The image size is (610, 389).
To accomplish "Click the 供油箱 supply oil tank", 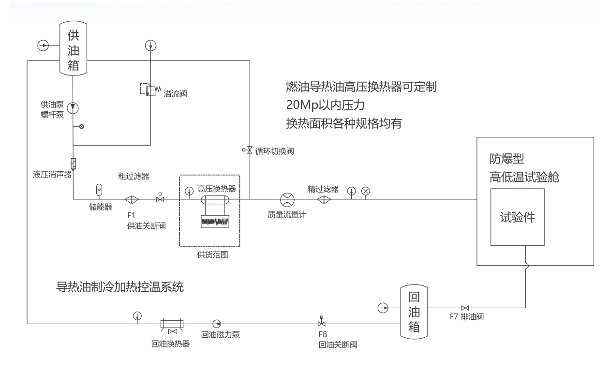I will click(x=73, y=48).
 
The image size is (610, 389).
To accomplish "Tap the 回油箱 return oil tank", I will click(x=414, y=313).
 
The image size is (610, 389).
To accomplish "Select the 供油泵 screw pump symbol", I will click(x=73, y=107).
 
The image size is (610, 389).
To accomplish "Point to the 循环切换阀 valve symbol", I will click(x=249, y=150).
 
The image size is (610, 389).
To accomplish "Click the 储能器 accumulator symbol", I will click(x=100, y=188).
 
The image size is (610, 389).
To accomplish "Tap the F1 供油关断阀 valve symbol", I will click(x=160, y=198).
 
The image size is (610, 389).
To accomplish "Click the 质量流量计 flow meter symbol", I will click(x=287, y=199).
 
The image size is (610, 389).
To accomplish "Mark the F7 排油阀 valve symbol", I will click(x=464, y=308).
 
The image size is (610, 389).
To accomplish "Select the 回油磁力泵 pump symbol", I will click(x=216, y=323).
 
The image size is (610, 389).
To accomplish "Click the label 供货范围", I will click(x=209, y=255).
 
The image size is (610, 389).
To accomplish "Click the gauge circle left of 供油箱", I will click(x=44, y=45).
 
